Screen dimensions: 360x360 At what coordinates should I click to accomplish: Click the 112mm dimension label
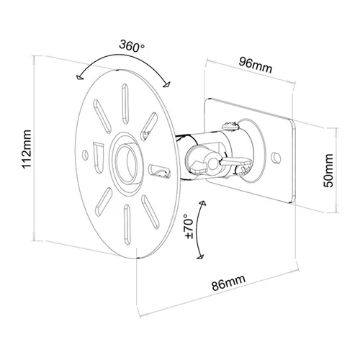coord(27,149)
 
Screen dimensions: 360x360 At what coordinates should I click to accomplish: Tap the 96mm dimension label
coord(256,65)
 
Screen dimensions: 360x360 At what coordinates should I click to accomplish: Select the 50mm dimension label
coord(328,171)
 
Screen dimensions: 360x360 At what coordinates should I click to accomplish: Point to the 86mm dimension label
coord(229,282)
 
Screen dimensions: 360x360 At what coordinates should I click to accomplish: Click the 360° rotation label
coord(132,46)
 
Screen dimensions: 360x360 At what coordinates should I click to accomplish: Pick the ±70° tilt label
coord(189,228)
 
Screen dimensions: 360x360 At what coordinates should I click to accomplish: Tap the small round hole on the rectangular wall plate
coord(276,157)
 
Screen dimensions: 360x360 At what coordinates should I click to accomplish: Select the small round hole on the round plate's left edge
coord(85,155)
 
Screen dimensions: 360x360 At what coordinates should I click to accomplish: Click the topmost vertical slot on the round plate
coord(125,104)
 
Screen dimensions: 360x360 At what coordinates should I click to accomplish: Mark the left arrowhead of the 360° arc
coord(79,77)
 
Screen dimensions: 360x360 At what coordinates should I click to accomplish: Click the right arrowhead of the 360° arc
coord(166,84)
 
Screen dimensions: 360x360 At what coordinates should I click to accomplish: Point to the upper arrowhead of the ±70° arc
coord(203,203)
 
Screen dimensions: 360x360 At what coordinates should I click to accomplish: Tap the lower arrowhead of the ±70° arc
coord(200,257)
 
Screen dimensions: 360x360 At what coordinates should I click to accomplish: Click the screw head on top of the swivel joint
coord(230,126)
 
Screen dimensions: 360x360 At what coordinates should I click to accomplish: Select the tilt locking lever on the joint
coord(235,161)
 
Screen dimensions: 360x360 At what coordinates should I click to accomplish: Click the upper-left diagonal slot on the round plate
coord(102,117)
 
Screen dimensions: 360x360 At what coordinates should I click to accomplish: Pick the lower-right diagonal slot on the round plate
coord(150,212)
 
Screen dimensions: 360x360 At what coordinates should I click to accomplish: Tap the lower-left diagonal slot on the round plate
coord(104,202)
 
